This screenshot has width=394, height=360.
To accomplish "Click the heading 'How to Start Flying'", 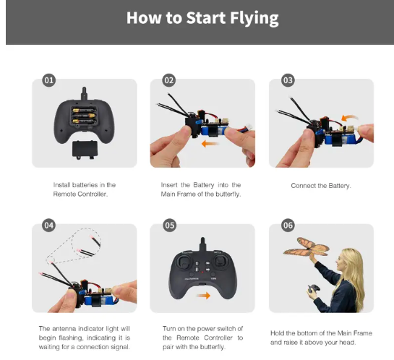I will [202, 18].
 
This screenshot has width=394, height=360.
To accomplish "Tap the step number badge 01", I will [49, 80].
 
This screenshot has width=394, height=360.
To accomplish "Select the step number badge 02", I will [168, 80].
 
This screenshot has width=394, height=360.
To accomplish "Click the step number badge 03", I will [288, 80].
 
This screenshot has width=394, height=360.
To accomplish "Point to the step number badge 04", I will [49, 226].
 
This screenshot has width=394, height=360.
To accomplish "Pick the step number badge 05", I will [168, 226].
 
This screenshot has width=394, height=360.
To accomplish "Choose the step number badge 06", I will [288, 226].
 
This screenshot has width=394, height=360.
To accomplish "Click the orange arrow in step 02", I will [210, 143].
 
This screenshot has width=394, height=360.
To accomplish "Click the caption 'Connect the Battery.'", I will [320, 186].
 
